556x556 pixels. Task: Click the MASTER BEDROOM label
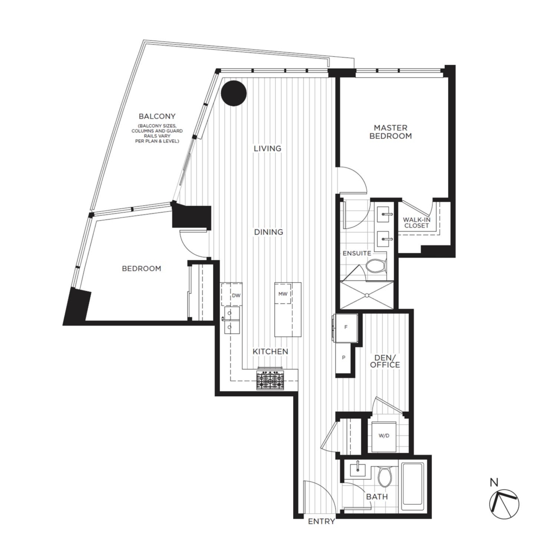(x=390, y=132)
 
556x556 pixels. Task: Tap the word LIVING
(x=268, y=148)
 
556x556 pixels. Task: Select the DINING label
(x=269, y=232)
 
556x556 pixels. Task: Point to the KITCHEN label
(x=270, y=351)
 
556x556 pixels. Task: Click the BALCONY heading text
(x=157, y=116)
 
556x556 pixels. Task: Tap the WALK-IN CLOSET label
(x=416, y=222)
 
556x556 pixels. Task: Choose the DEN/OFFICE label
(x=387, y=361)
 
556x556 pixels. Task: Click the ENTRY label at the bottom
(x=322, y=521)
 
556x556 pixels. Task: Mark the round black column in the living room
(x=234, y=93)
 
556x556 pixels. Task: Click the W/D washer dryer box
(x=384, y=436)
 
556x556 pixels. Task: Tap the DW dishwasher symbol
(x=235, y=296)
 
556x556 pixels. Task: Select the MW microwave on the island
(x=282, y=294)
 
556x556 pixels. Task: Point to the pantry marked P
(x=343, y=358)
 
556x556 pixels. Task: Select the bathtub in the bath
(x=414, y=487)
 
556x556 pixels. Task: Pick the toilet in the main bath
(x=385, y=477)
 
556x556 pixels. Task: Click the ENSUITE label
(x=356, y=253)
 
